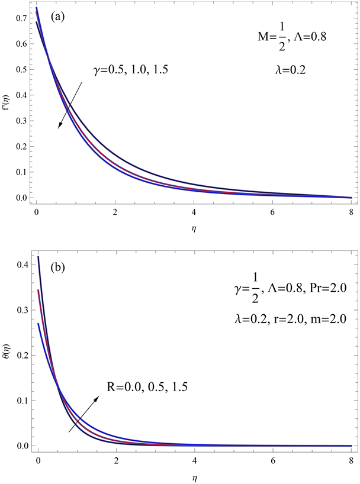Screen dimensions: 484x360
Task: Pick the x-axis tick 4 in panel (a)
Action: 194,211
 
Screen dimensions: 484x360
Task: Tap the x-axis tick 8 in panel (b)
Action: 351,459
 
